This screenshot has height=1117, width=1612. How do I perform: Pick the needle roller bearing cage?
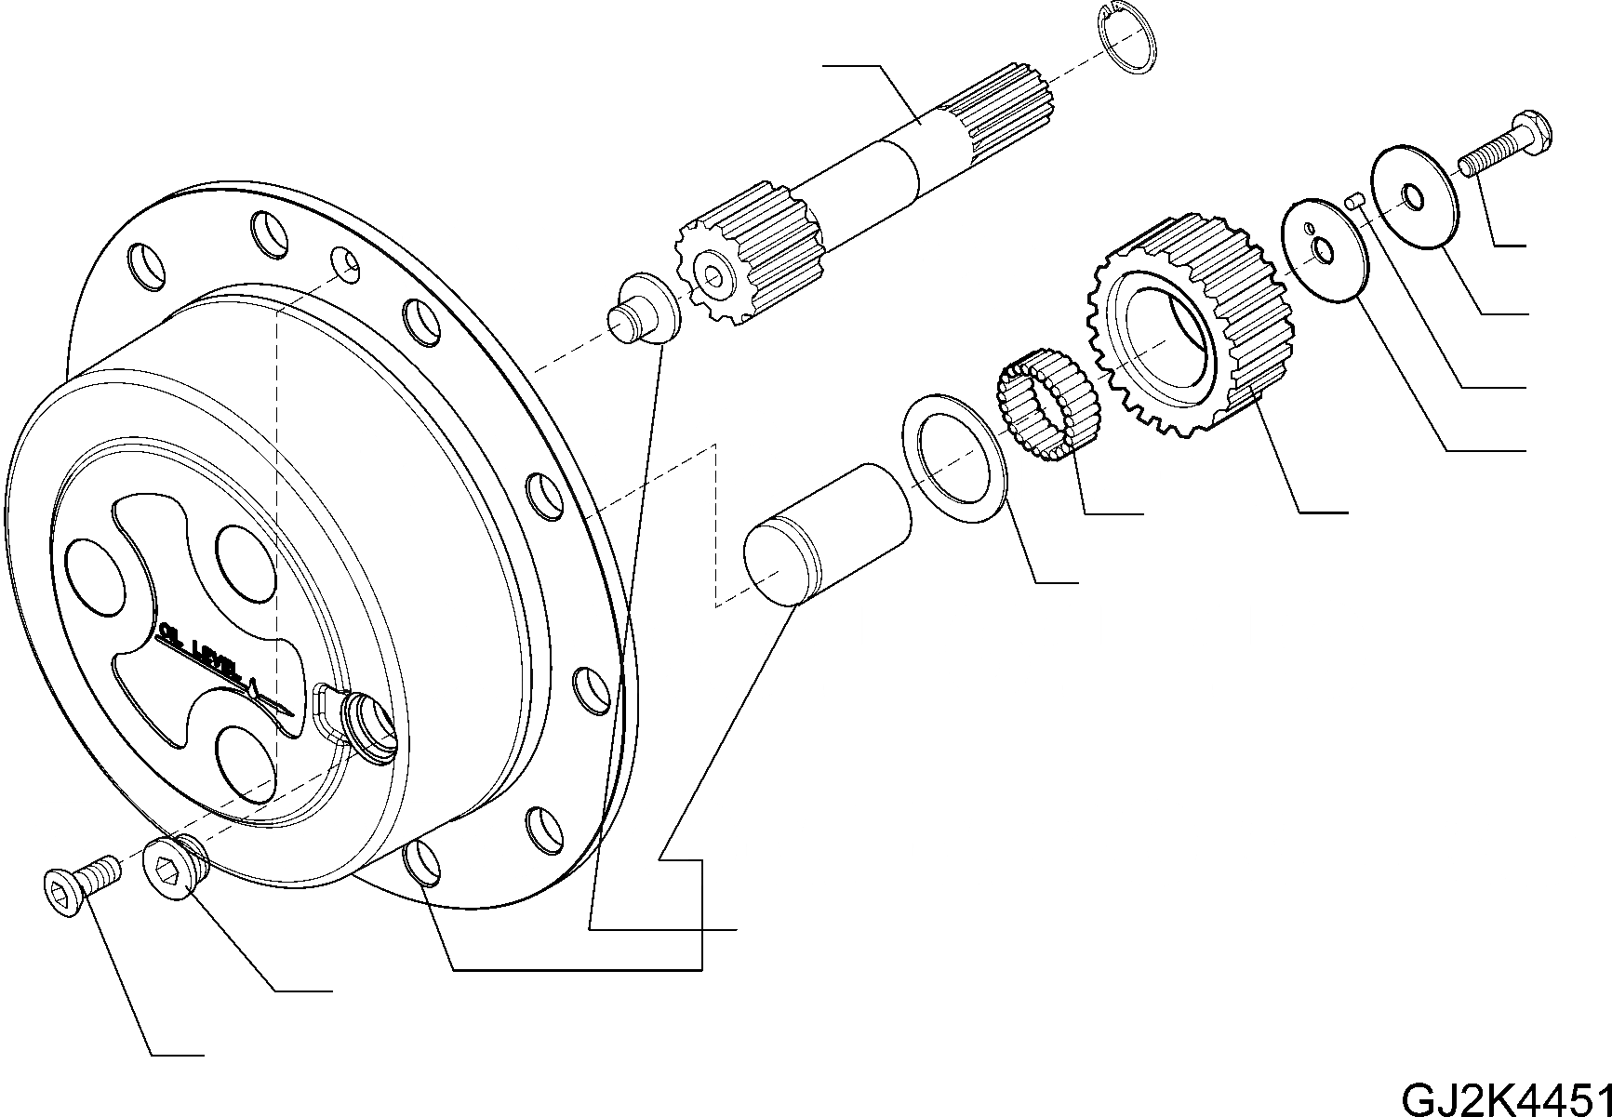click(x=1047, y=404)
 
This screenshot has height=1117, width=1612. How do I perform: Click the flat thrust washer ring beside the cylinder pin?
click(x=954, y=457)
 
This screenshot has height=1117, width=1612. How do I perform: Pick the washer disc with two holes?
click(x=1323, y=248)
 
